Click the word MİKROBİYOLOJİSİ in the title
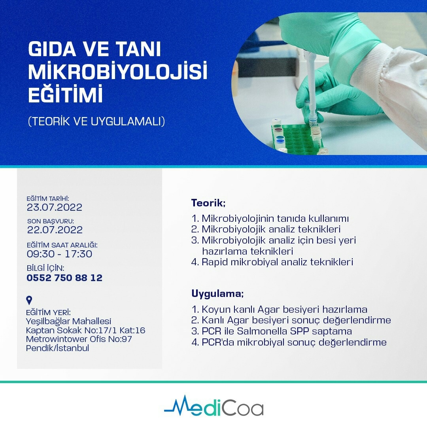click(118, 72)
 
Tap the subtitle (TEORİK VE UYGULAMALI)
click(96, 121)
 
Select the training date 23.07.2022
click(55, 207)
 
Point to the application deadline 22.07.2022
click(55, 229)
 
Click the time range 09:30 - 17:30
click(59, 254)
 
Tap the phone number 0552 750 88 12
click(64, 278)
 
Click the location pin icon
click(29, 300)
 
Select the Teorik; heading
click(208, 203)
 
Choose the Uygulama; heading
click(217, 294)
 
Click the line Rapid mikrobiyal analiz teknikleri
click(277, 262)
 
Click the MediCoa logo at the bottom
click(213, 406)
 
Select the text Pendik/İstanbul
click(57, 348)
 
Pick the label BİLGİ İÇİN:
click(45, 268)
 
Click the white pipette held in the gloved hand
click(312, 85)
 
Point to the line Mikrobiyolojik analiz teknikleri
click(271, 229)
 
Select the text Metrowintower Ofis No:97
click(79, 339)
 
